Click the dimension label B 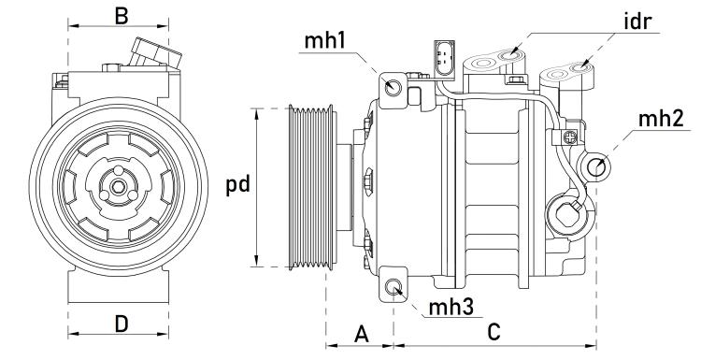coord(122,16)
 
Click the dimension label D coord(122,324)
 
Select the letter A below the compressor coord(362,334)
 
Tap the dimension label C coord(494,332)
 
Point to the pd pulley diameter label coord(237,185)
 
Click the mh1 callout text coord(325,41)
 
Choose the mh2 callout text coord(661,119)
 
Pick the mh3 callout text coord(451,308)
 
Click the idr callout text coord(638,22)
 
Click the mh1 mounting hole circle coord(393,86)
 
